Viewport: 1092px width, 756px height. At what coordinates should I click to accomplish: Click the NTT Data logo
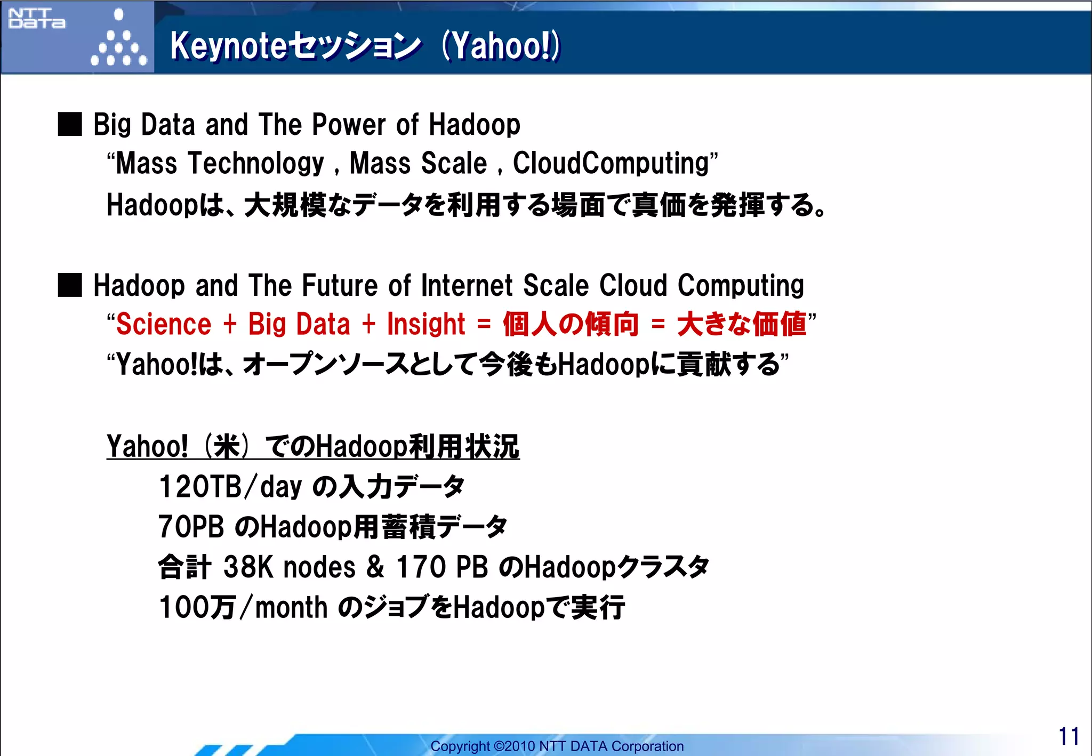pyautogui.click(x=37, y=19)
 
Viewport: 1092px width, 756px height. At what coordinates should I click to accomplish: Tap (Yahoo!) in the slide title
pyautogui.click(x=501, y=46)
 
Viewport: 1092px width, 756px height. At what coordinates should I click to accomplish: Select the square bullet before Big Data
pyautogui.click(x=70, y=124)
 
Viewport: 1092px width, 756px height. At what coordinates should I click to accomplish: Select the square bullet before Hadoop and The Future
pyautogui.click(x=70, y=285)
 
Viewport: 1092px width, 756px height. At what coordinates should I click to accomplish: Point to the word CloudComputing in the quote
pyautogui.click(x=611, y=163)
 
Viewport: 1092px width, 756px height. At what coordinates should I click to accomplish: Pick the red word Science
pyautogui.click(x=164, y=325)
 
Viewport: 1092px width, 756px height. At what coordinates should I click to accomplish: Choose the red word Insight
pyautogui.click(x=426, y=325)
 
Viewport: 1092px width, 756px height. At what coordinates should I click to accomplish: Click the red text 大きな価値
pyautogui.click(x=742, y=325)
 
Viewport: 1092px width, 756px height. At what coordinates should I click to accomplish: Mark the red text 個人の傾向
pyautogui.click(x=571, y=325)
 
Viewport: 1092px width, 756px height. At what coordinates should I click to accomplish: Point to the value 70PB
pyautogui.click(x=191, y=527)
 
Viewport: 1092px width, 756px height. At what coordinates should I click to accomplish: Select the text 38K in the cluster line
pyautogui.click(x=248, y=567)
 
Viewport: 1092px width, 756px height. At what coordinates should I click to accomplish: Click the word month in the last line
pyautogui.click(x=291, y=607)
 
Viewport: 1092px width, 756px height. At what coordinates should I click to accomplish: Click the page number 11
pyautogui.click(x=1069, y=736)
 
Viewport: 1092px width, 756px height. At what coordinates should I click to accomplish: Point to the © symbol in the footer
pyautogui.click(x=499, y=746)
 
